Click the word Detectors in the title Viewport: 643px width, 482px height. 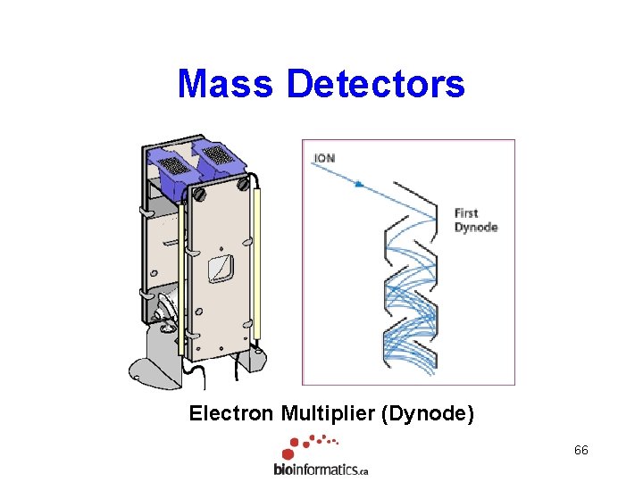(x=376, y=84)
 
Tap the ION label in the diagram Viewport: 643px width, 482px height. (x=324, y=158)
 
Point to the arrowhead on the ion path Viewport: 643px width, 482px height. (x=359, y=184)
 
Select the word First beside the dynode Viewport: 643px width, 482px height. (x=466, y=212)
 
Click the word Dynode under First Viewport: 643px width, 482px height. (x=475, y=228)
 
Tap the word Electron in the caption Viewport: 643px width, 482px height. (x=232, y=413)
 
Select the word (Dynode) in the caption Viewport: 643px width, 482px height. (x=430, y=413)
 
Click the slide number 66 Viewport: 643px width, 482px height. (x=581, y=450)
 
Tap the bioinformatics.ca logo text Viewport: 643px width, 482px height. (x=321, y=469)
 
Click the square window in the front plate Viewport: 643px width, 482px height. (x=220, y=268)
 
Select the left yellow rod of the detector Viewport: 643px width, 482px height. (x=182, y=277)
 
